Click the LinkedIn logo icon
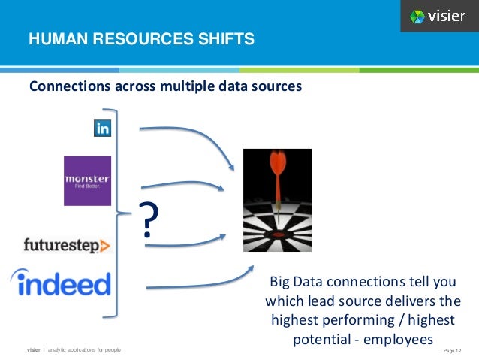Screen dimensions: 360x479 click(x=102, y=129)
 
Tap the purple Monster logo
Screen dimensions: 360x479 click(x=87, y=180)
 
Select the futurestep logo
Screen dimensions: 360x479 click(x=67, y=245)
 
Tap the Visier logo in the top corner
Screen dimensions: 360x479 click(x=438, y=16)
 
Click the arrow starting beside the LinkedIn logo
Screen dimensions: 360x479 click(x=188, y=135)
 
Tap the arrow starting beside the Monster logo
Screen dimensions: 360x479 click(x=184, y=185)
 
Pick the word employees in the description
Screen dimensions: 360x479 click(x=398, y=340)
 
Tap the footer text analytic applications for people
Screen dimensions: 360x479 click(x=84, y=350)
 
